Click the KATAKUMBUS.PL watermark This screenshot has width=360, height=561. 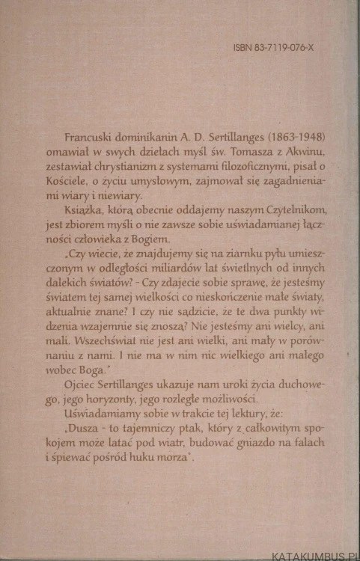point(314,554)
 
